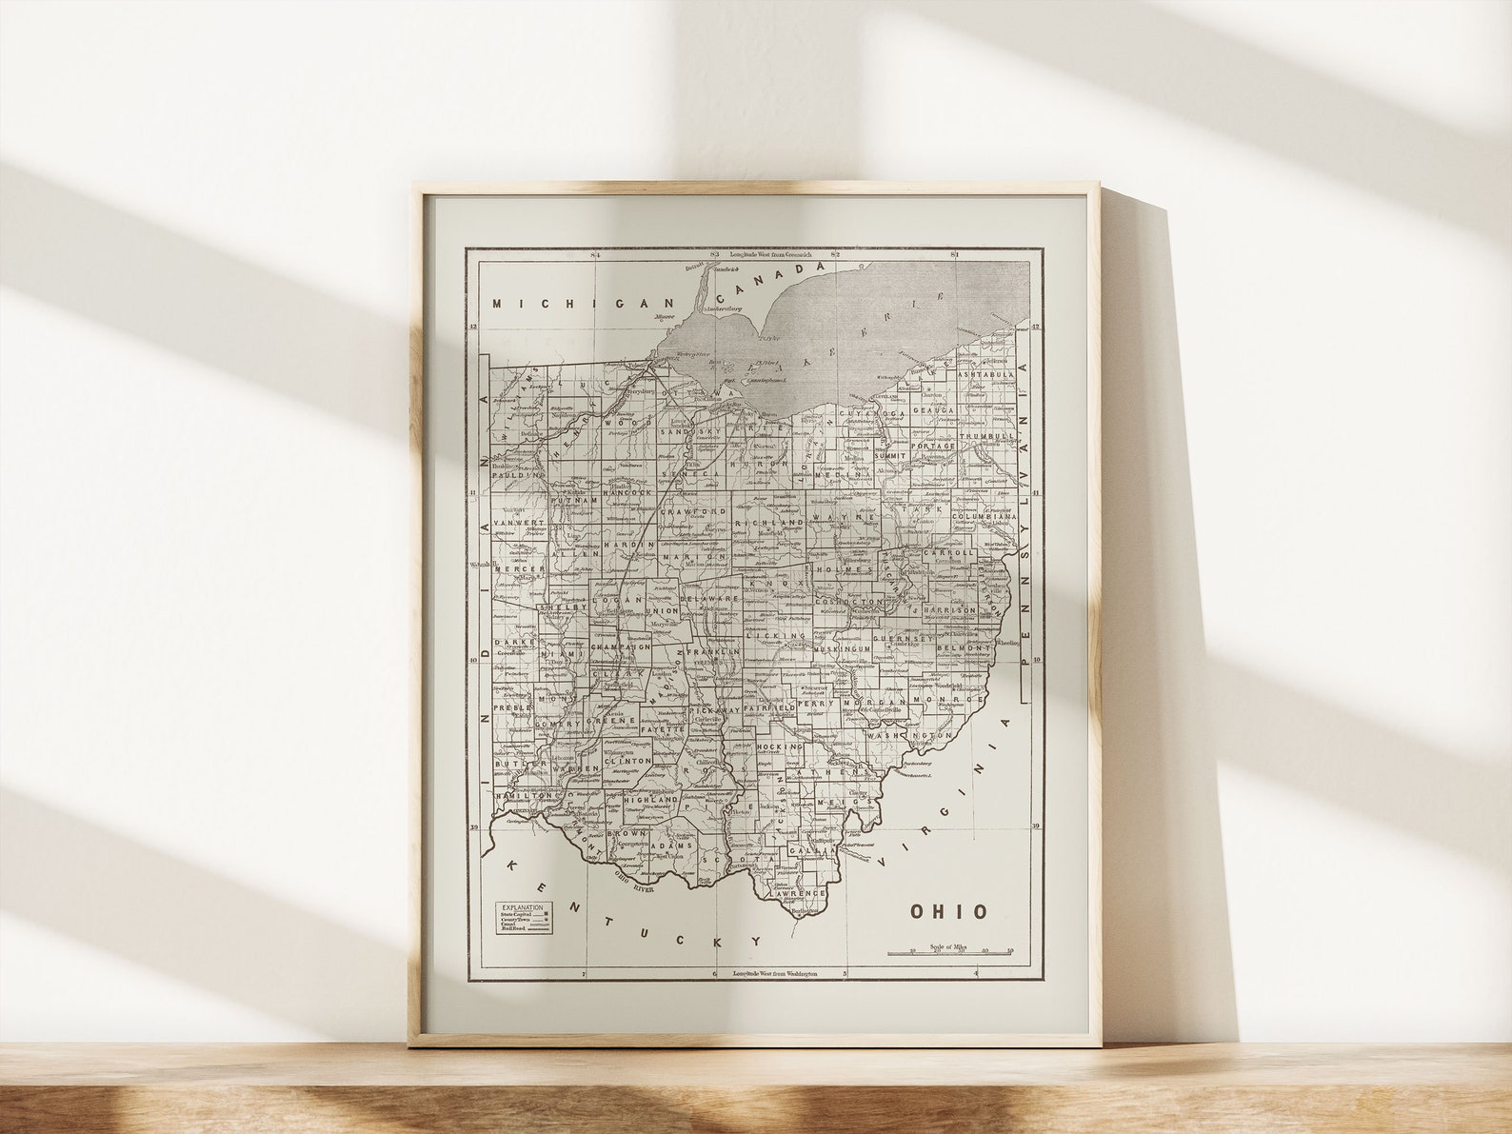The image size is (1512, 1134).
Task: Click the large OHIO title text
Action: pyautogui.click(x=949, y=911)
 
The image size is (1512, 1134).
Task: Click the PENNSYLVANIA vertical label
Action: pyautogui.click(x=1025, y=514)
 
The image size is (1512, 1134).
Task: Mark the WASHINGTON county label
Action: pyautogui.click(x=909, y=736)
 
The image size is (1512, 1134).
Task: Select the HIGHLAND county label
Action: pyautogui.click(x=648, y=801)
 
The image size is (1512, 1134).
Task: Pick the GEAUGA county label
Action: pyautogui.click(x=933, y=410)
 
